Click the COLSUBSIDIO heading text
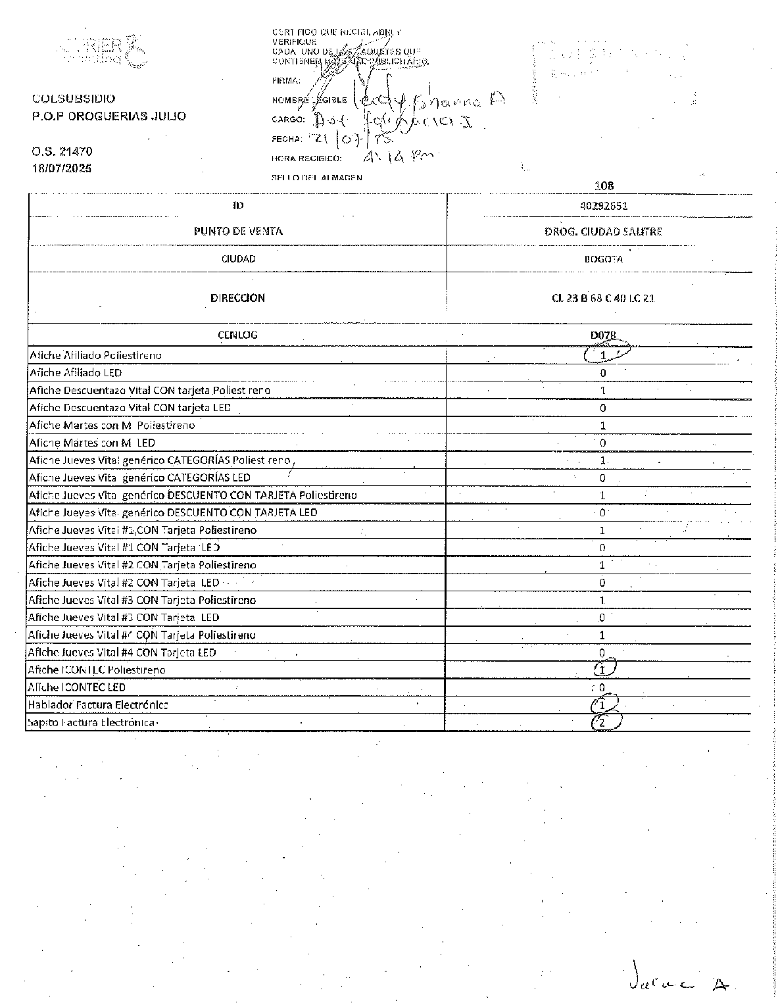point(74,99)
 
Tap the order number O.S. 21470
point(62,151)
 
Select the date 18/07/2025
point(62,168)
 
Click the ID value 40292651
point(604,205)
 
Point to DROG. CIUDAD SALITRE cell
point(603,232)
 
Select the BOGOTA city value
point(603,258)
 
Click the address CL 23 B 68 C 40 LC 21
point(603,298)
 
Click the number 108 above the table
point(603,185)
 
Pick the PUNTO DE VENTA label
point(238,232)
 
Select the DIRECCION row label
point(237,298)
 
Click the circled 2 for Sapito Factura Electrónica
point(602,722)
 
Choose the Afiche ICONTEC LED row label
point(76,687)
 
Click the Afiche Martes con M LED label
point(92,443)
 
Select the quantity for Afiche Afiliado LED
point(603,373)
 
